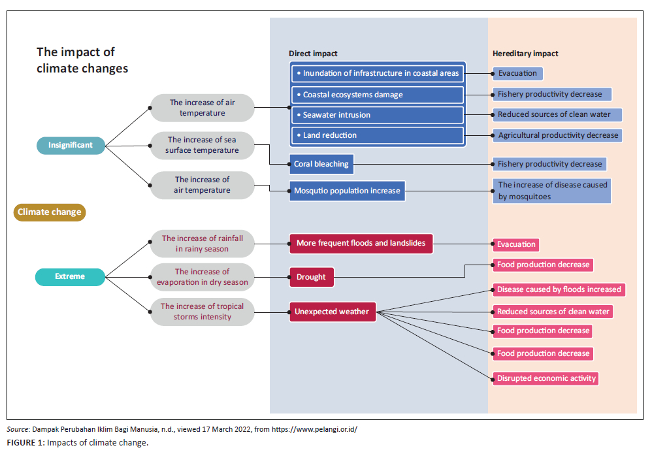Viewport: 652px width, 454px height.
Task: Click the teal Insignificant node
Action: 71,145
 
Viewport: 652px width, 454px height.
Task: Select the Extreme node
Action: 70,276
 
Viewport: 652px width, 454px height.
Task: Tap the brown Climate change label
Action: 50,212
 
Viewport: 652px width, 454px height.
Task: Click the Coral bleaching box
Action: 321,164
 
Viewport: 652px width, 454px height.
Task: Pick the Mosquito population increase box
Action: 347,191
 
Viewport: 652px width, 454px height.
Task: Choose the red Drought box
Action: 311,277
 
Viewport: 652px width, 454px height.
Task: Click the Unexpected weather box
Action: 332,312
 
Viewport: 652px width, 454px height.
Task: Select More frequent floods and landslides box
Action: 361,244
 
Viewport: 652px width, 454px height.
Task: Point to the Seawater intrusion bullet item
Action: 377,115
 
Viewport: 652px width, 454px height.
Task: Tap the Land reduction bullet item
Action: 377,135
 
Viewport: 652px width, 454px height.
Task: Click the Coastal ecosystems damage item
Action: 377,95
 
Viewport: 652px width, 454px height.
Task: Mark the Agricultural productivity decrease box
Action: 557,135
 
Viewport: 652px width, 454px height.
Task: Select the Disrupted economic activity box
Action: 546,378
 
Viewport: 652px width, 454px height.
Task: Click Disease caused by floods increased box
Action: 559,289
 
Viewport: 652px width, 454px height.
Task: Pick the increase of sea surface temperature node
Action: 203,145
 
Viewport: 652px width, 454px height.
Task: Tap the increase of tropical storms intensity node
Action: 202,312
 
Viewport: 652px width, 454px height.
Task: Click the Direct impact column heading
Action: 313,54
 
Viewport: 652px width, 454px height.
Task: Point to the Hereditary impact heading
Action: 525,54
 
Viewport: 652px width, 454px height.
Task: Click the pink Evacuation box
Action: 516,244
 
